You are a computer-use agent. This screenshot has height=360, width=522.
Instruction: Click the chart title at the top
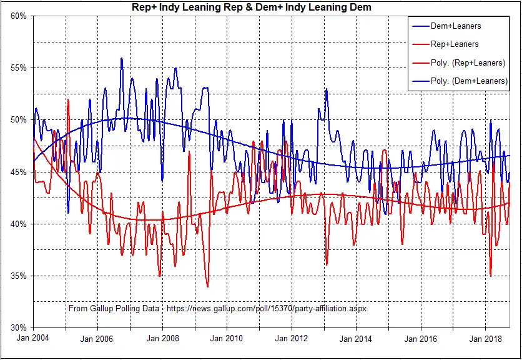[251, 7]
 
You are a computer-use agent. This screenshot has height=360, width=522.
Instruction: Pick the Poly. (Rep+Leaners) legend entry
[459, 63]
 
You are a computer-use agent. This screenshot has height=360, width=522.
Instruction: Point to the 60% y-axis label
[18, 16]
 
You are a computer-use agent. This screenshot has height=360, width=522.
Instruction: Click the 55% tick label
[18, 68]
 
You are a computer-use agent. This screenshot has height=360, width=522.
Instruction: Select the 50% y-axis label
[18, 120]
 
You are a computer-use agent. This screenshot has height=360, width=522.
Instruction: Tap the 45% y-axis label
[18, 172]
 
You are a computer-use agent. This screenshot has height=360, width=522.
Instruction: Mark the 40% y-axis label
[18, 224]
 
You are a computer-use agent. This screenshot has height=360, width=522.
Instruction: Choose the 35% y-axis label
[18, 276]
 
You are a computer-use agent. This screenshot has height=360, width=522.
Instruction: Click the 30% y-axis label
[18, 327]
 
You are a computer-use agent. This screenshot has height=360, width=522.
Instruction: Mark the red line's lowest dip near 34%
[207, 286]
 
